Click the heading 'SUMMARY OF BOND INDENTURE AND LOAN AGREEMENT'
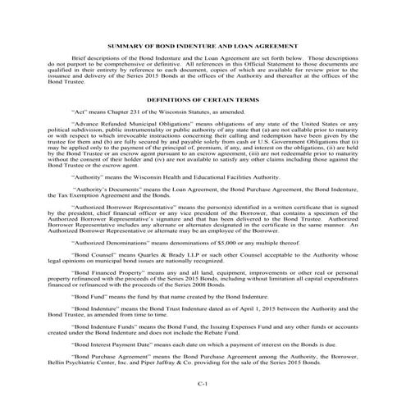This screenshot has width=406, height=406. coord(203,47)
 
